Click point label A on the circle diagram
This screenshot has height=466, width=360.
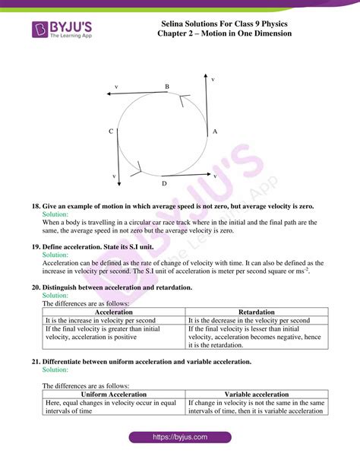(x=215, y=132)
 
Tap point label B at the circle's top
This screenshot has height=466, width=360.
(x=166, y=87)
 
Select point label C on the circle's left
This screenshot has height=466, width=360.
(x=111, y=132)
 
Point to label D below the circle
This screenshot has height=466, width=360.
(x=163, y=183)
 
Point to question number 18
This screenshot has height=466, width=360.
(x=36, y=206)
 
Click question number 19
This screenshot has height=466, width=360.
(x=36, y=247)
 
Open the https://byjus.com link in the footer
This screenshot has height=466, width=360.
(x=179, y=439)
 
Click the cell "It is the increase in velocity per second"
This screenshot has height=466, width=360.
(x=101, y=321)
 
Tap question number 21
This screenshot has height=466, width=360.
(x=36, y=363)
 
